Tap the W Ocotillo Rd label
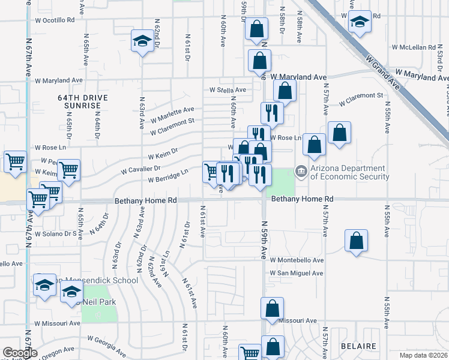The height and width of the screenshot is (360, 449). (x=55, y=20)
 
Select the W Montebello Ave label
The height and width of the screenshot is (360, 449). (x=297, y=260)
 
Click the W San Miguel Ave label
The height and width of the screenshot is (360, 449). (x=297, y=273)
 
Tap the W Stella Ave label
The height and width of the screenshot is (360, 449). (x=228, y=90)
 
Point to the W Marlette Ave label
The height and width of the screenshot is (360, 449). (x=172, y=112)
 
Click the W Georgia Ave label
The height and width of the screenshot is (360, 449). (x=106, y=340)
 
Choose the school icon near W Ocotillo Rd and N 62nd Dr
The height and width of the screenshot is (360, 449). (x=142, y=41)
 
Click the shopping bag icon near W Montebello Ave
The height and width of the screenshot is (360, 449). (x=357, y=241)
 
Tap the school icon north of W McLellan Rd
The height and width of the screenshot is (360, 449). (x=360, y=22)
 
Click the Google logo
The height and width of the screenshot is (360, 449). (x=20, y=353)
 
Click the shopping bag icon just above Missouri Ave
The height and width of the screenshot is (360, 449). (x=272, y=308)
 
